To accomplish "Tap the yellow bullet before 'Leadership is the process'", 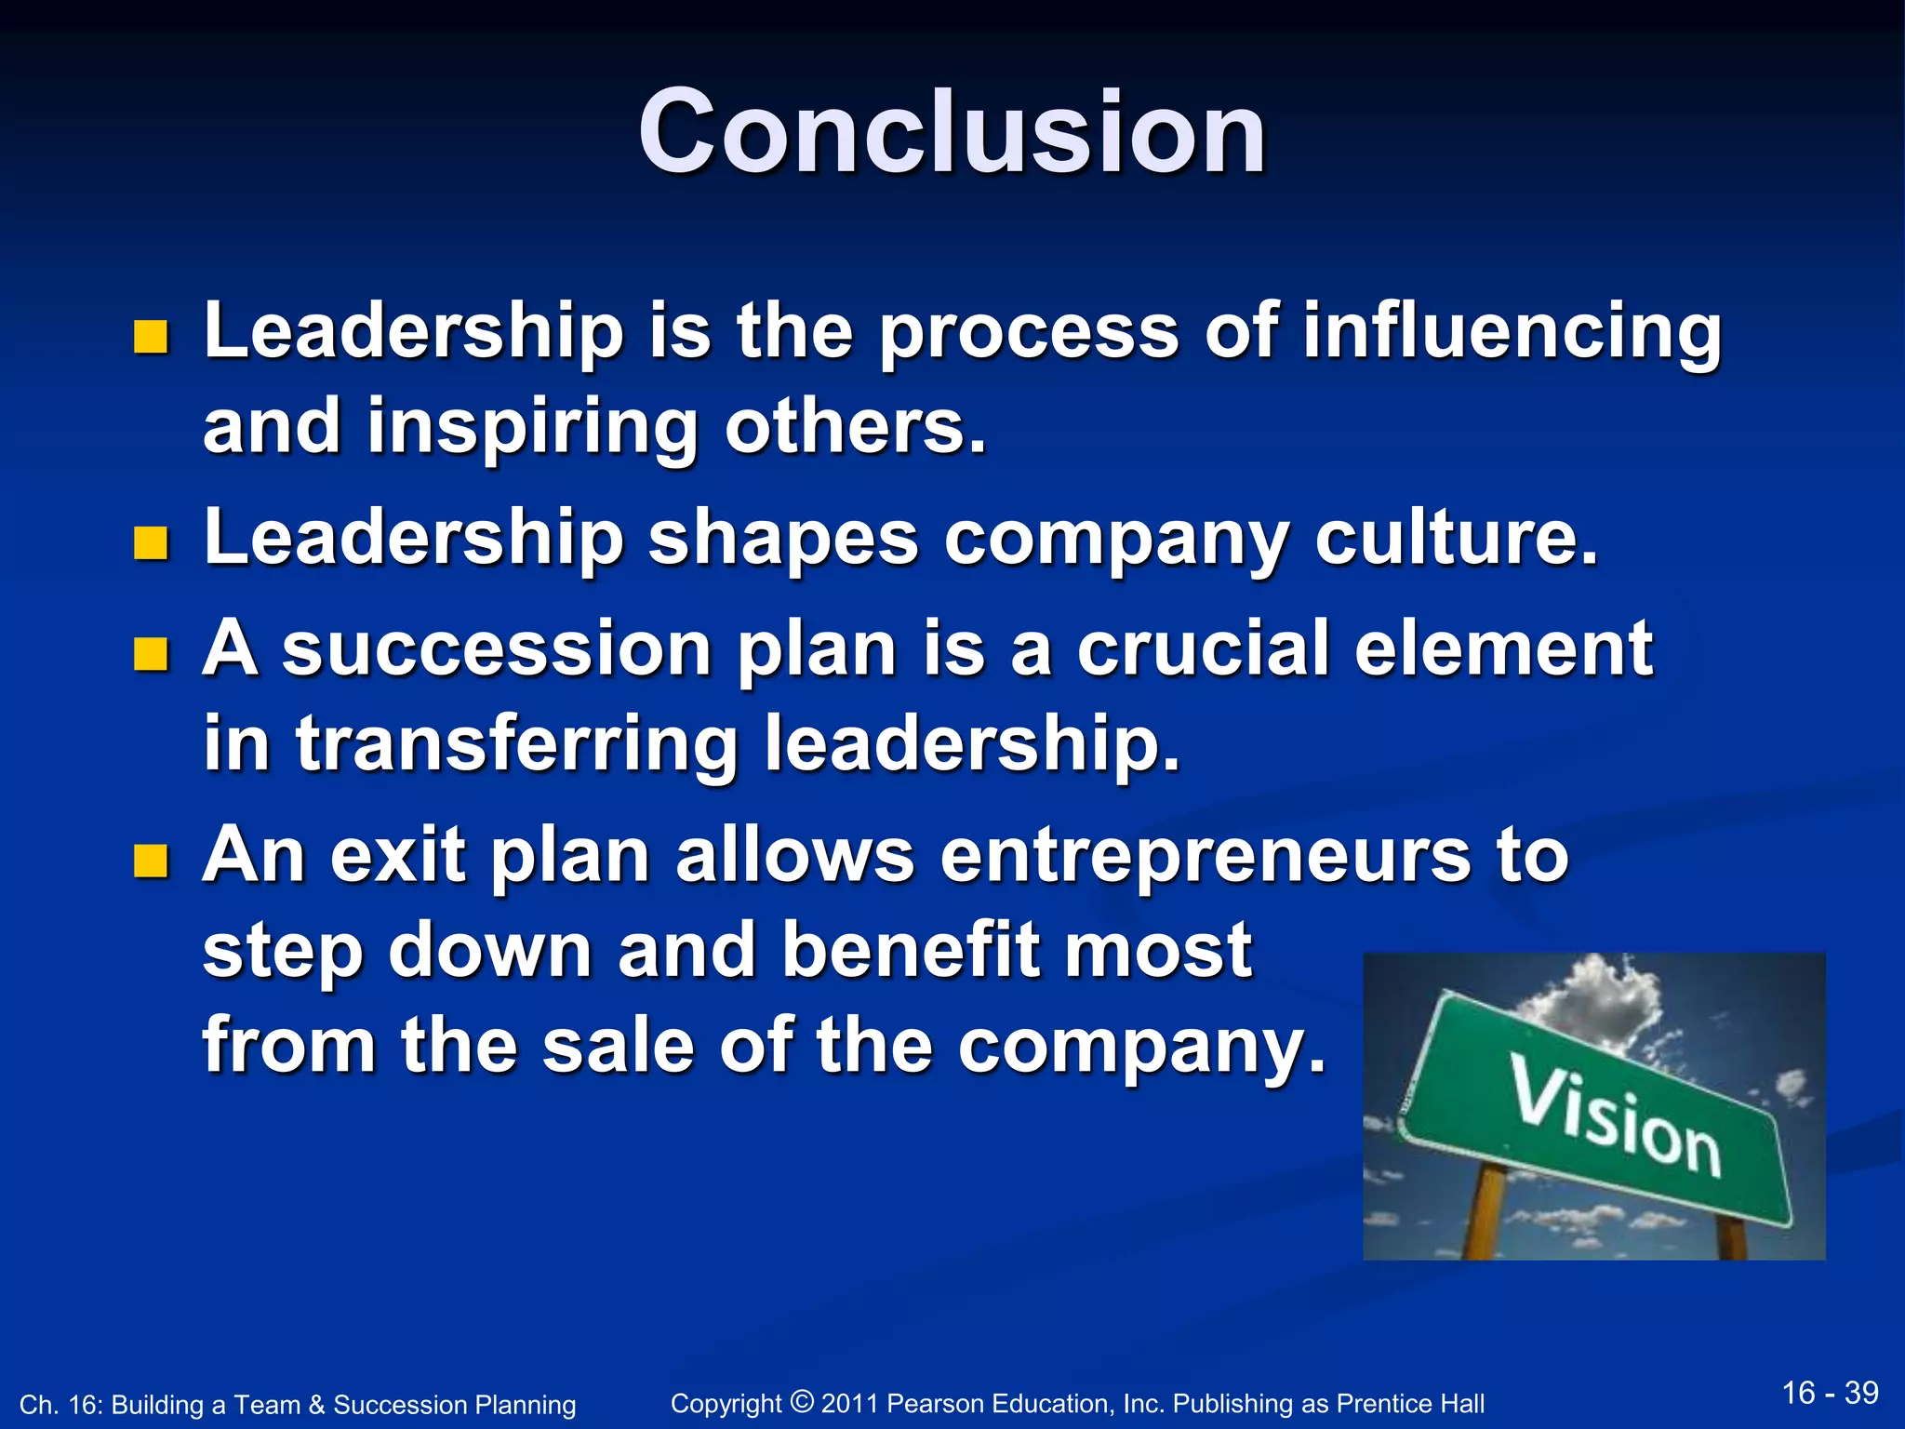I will [x=151, y=337].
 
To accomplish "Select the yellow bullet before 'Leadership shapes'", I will [x=151, y=543].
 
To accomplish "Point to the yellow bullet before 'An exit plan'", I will [x=151, y=861].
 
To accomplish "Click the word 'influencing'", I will [x=1511, y=332].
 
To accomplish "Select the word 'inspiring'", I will [x=532, y=428].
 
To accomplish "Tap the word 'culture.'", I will [x=1456, y=540].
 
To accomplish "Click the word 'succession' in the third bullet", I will [x=497, y=649].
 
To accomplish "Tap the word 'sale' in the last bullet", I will [x=618, y=1046].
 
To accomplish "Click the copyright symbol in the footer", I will [x=801, y=1401].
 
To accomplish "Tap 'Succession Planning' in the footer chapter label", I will [x=454, y=1405].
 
